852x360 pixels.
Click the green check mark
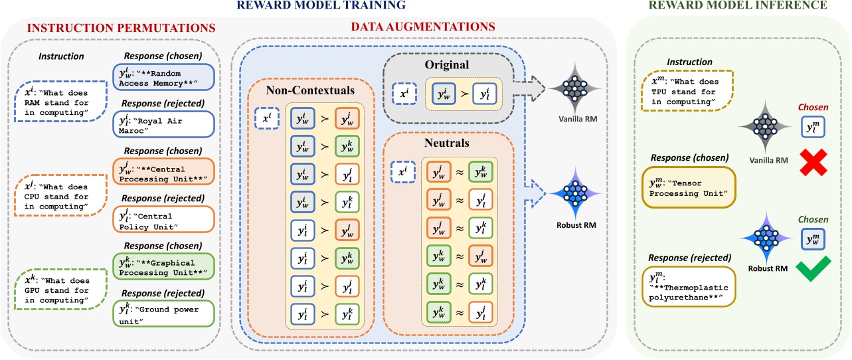pos(808,270)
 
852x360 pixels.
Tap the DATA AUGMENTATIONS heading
pos(423,27)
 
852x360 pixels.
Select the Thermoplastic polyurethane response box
pos(687,286)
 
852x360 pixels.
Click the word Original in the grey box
pos(446,66)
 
